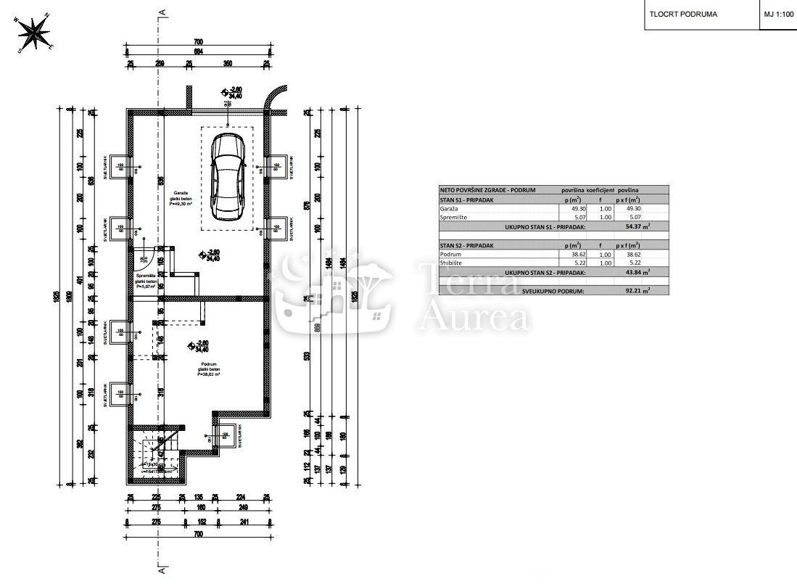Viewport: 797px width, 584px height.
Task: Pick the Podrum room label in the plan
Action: click(x=207, y=363)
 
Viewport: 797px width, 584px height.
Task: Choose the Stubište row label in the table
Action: click(x=451, y=263)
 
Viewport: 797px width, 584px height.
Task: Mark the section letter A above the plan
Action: click(x=164, y=12)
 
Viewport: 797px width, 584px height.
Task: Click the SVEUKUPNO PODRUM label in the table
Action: click(x=551, y=290)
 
